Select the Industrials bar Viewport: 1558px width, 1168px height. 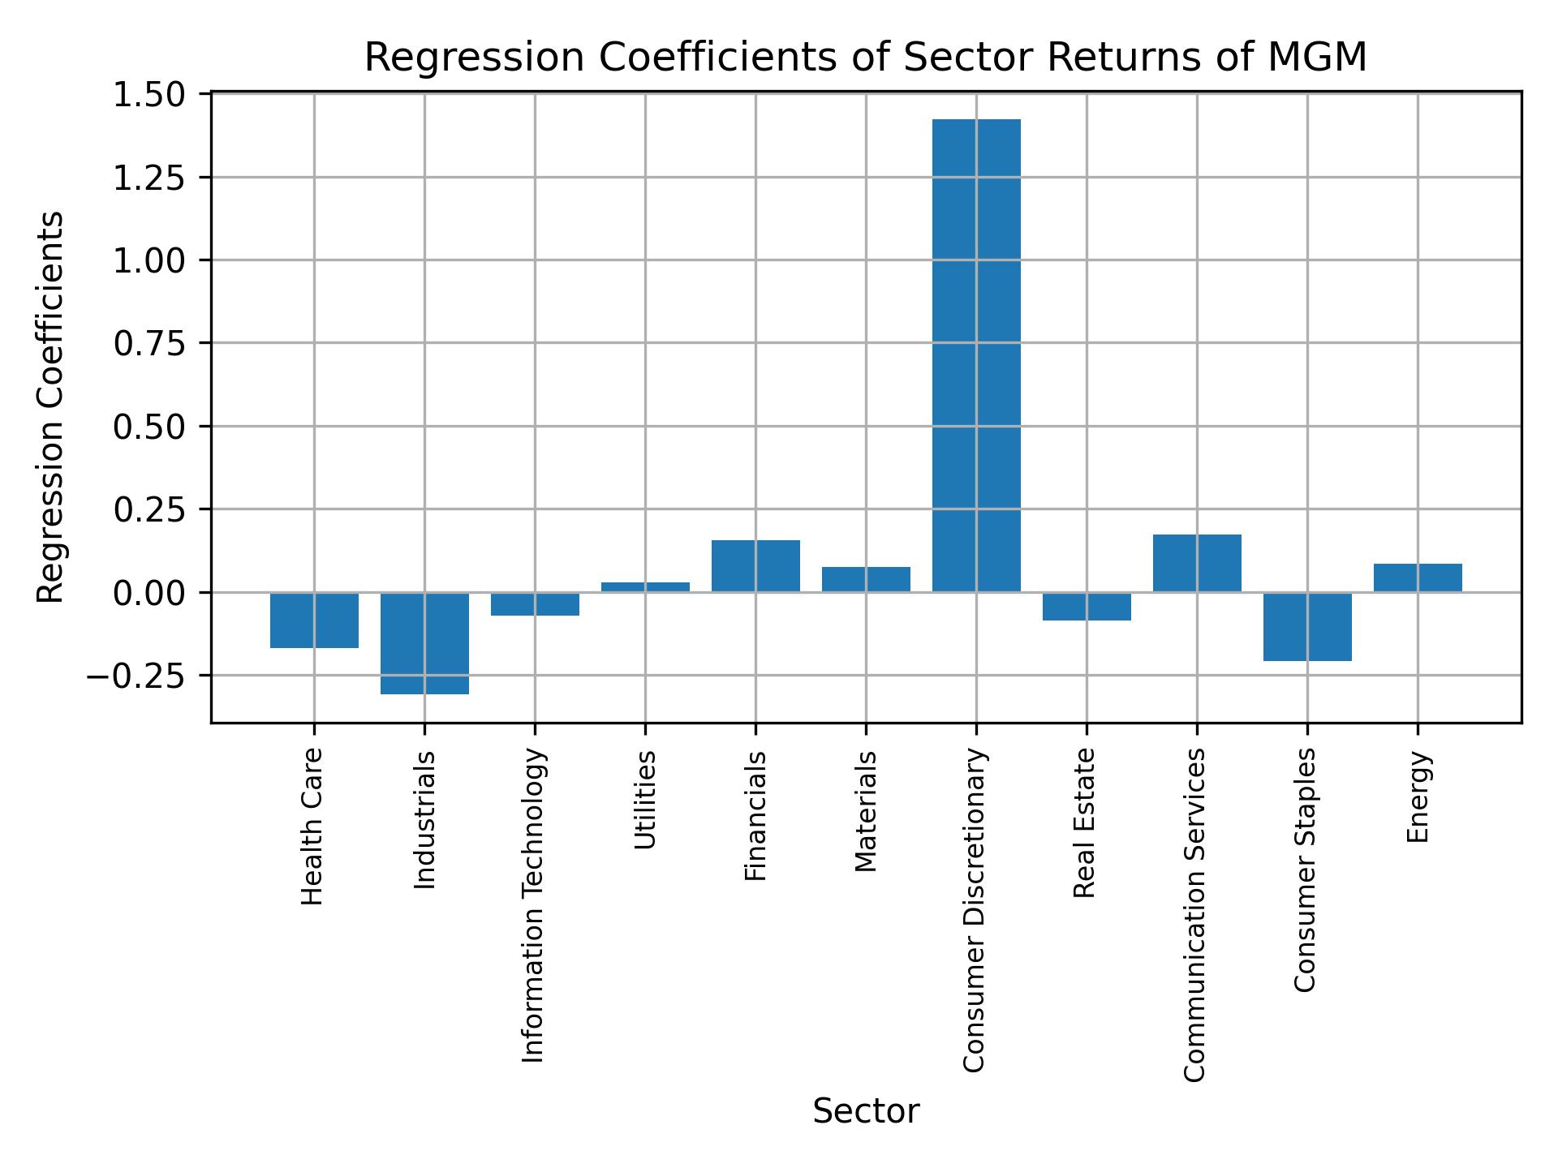click(424, 643)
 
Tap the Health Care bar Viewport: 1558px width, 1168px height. click(314, 620)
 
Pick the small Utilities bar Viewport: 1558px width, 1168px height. click(645, 586)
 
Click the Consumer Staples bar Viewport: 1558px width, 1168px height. click(1307, 626)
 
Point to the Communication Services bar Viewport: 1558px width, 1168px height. click(1197, 563)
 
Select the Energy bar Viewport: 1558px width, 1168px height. click(1418, 578)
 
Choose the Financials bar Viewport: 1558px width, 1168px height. click(755, 565)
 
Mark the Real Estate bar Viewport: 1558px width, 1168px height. click(1087, 606)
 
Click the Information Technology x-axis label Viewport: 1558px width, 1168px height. click(533, 905)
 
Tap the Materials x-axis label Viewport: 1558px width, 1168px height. click(866, 811)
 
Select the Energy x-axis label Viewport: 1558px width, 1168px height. click(1418, 797)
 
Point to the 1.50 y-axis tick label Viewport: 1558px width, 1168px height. click(149, 96)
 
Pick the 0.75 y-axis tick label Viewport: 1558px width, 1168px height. click(149, 344)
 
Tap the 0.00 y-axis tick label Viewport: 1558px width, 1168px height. click(149, 593)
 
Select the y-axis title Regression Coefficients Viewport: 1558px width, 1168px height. click(51, 407)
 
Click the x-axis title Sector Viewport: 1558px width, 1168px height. click(866, 1112)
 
